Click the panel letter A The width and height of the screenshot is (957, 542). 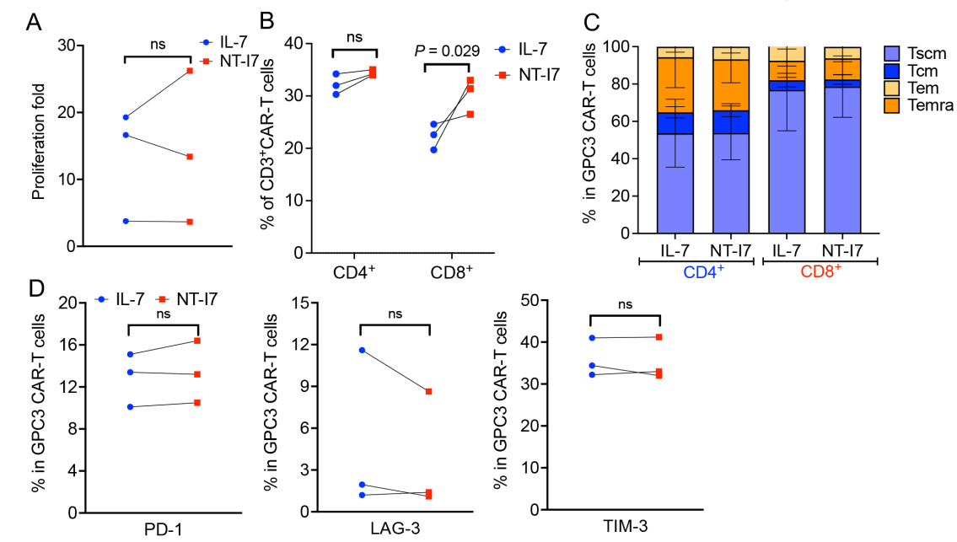[x=34, y=22]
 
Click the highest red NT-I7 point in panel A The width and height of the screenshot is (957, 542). [x=190, y=71]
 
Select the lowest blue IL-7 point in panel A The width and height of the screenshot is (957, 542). [x=126, y=221]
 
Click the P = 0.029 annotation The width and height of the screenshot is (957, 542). [x=447, y=51]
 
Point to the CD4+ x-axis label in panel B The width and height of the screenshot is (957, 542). [x=355, y=274]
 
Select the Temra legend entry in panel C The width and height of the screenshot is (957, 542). [x=926, y=105]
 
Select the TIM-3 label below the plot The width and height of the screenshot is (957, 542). [x=624, y=529]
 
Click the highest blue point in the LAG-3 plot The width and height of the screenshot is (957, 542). [x=361, y=350]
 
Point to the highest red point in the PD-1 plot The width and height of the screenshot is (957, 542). [x=197, y=341]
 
